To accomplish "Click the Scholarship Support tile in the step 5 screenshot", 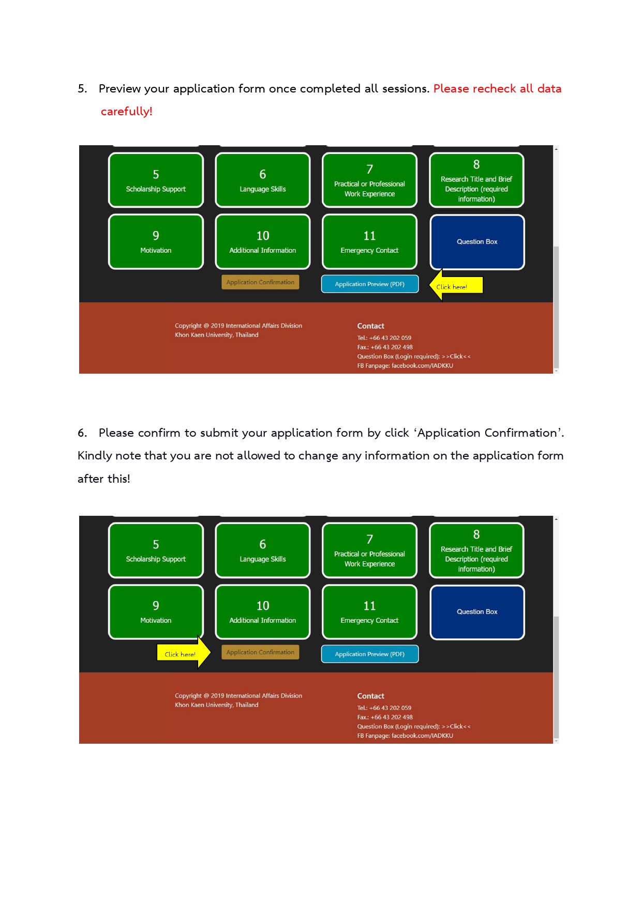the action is click(x=156, y=180).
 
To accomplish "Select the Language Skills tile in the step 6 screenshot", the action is click(x=263, y=550).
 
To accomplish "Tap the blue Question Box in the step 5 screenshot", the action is click(x=477, y=242).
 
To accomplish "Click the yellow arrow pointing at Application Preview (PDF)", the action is click(x=456, y=285).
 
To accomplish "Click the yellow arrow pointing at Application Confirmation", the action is click(x=184, y=653).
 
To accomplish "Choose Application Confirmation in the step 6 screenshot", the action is click(x=260, y=652).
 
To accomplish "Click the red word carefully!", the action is click(x=126, y=112).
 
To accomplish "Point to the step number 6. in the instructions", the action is click(x=82, y=433).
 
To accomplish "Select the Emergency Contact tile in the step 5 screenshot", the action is click(x=369, y=242).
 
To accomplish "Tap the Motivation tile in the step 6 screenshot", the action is click(x=156, y=612).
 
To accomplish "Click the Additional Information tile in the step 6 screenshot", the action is click(x=263, y=612).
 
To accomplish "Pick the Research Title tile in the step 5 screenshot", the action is click(x=476, y=180).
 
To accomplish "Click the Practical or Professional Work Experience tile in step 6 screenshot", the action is click(x=369, y=550).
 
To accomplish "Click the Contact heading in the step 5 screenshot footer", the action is click(x=370, y=326).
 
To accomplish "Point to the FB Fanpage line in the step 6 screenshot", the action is click(x=405, y=735).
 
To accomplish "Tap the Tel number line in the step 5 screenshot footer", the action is click(x=384, y=338).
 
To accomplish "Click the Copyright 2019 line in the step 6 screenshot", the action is click(x=238, y=696).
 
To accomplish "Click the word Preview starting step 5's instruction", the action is click(x=120, y=89).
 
